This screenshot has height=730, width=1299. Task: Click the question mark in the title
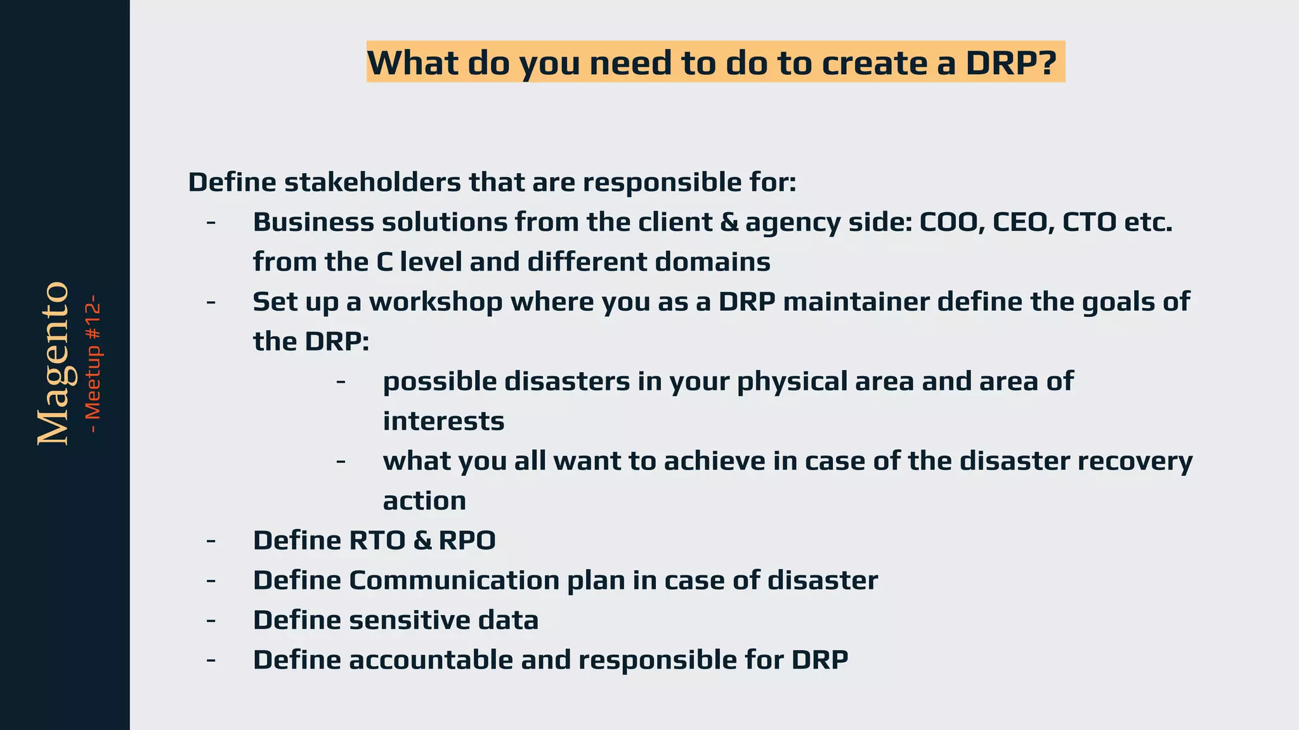tap(1047, 62)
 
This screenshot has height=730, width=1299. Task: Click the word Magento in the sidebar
tap(53, 364)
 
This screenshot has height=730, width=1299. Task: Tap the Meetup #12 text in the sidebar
tap(93, 364)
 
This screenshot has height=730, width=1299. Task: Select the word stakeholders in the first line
tap(372, 182)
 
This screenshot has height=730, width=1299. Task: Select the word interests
tap(443, 421)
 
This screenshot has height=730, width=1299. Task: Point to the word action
tap(424, 501)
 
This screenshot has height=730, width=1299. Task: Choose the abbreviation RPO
tap(467, 541)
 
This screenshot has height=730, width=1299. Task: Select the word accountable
tap(431, 660)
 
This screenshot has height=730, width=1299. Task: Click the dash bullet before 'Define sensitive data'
tap(211, 620)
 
